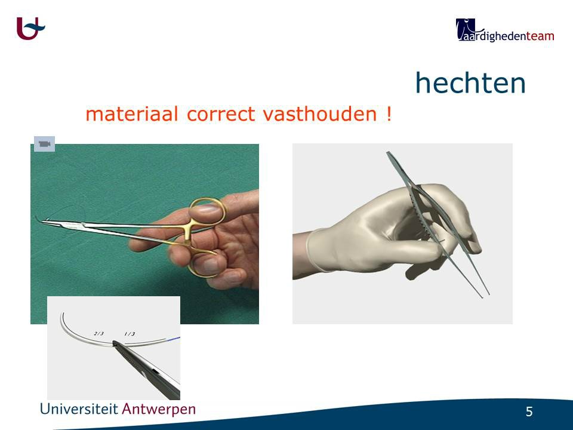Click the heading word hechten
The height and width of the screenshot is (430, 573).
[470, 82]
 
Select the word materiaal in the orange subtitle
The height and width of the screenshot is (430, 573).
[132, 113]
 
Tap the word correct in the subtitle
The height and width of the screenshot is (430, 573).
[221, 113]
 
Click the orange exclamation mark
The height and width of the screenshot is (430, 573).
[389, 113]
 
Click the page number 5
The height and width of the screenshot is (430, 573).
[529, 411]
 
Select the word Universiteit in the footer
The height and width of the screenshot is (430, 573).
[79, 408]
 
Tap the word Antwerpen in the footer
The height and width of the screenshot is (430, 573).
[159, 409]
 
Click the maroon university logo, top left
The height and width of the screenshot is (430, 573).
[30, 28]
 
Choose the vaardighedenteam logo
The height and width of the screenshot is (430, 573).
[505, 30]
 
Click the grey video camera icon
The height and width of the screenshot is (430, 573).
[45, 144]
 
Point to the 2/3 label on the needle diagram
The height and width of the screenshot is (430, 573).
[98, 333]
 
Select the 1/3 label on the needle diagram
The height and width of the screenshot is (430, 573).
[130, 334]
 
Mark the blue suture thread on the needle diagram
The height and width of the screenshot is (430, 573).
[174, 339]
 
